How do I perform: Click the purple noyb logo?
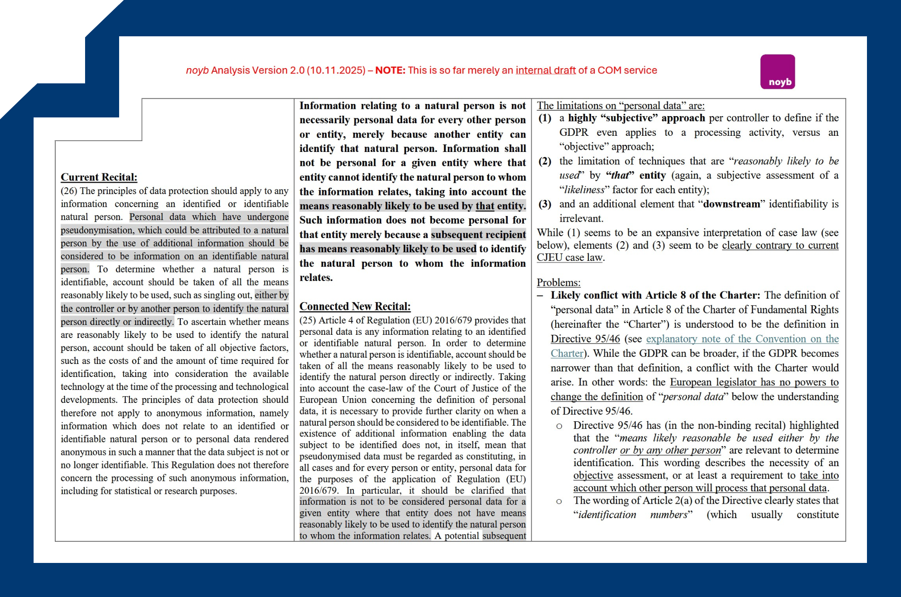click(777, 72)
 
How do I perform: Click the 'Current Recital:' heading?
click(99, 177)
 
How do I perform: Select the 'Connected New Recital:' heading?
click(355, 307)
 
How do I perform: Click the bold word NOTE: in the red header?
click(390, 70)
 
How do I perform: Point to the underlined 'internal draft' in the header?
click(545, 70)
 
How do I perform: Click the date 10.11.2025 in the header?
click(336, 70)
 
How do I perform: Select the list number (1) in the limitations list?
click(545, 118)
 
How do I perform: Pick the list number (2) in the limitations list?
click(545, 161)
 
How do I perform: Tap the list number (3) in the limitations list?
click(545, 204)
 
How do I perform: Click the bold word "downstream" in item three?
click(731, 204)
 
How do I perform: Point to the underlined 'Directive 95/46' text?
click(585, 339)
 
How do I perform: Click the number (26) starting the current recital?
click(69, 191)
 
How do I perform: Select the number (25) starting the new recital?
click(308, 320)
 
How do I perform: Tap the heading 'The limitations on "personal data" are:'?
click(620, 106)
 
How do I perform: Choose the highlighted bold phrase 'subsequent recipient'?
click(478, 234)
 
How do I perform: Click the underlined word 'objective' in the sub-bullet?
click(593, 476)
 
